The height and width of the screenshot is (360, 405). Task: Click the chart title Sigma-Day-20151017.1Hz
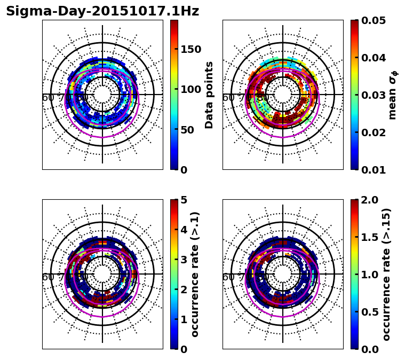[102, 11]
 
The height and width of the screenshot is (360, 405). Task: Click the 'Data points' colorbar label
[209, 95]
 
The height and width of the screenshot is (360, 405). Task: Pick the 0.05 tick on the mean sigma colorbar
[373, 20]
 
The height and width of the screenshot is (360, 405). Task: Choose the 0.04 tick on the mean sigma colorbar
[373, 58]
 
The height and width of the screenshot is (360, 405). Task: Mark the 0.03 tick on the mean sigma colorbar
[373, 95]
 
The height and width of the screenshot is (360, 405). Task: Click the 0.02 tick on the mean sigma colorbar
[373, 132]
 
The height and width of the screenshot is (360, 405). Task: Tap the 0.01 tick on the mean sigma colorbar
[373, 170]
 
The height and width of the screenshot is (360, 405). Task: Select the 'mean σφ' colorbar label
[393, 95]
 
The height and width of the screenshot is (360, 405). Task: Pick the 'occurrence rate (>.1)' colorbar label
[195, 274]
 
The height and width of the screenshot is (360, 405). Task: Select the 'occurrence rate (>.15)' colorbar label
[386, 274]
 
